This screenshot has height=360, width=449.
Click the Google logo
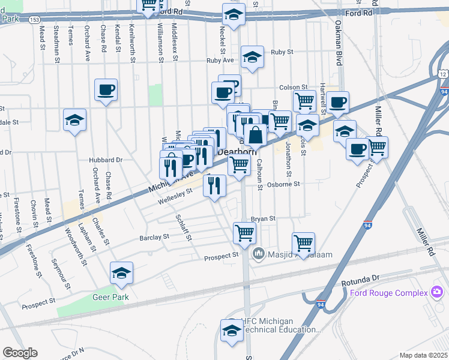[20, 353]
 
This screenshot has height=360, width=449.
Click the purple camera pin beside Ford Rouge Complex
[438, 293]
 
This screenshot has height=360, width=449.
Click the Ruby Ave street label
[220, 61]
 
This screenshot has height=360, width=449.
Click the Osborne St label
[283, 185]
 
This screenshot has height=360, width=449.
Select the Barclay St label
[154, 238]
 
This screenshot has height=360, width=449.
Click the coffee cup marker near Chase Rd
[106, 91]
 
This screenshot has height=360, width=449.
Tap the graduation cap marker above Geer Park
[121, 273]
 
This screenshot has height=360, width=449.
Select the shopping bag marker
[256, 135]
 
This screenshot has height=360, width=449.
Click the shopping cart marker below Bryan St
[245, 232]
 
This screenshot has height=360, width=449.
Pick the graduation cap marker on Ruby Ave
[253, 58]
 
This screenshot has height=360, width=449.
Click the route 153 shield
[35, 19]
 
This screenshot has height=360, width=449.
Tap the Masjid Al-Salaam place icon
[259, 254]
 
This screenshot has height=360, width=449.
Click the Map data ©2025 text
[423, 355]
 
